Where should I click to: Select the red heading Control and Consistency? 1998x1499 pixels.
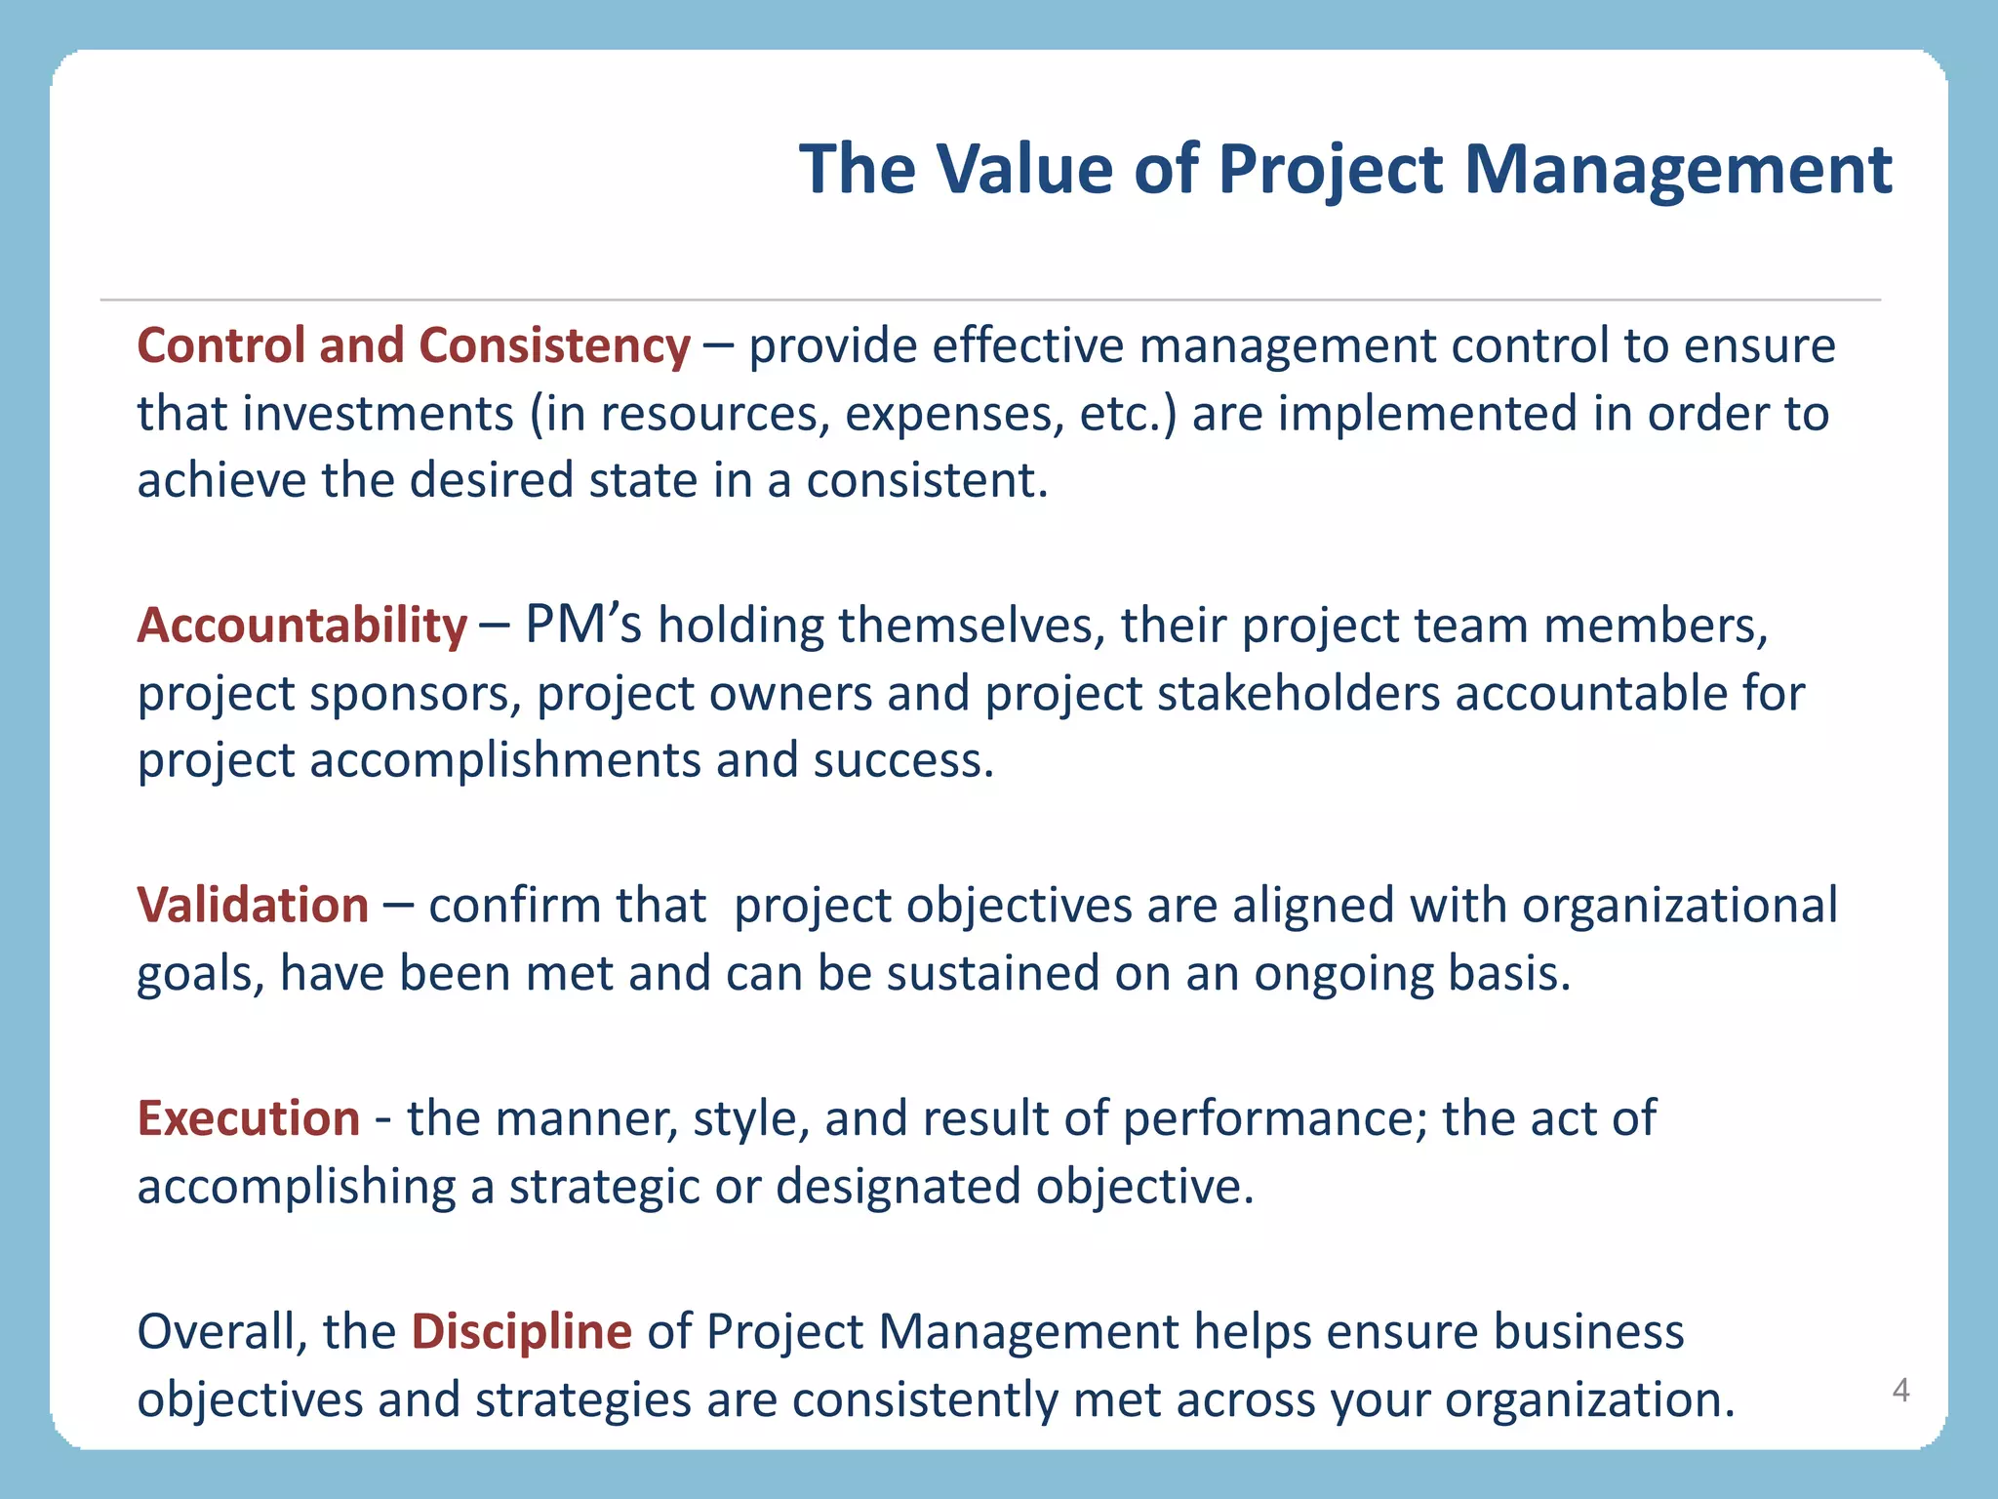pos(414,346)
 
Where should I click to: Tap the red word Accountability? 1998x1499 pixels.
pos(302,626)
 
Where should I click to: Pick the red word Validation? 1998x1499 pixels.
pos(253,906)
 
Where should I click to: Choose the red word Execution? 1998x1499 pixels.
pos(249,1118)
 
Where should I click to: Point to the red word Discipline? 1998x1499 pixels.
pos(522,1332)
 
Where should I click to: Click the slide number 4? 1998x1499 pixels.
pos(1900,1390)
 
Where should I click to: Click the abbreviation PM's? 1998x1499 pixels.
pos(583,626)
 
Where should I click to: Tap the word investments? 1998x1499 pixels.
pos(379,414)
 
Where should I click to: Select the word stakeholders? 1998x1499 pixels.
pos(1299,694)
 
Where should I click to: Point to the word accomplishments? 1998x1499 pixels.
pos(505,761)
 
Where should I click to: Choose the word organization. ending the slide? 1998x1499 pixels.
pos(1590,1400)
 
